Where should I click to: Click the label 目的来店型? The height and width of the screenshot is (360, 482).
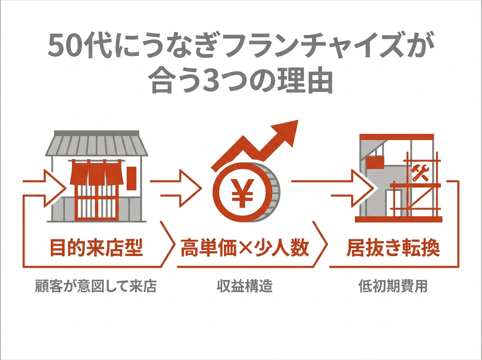tap(96, 249)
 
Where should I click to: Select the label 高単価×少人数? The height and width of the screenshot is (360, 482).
tap(245, 249)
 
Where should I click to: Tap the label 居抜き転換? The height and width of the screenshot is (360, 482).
tap(393, 249)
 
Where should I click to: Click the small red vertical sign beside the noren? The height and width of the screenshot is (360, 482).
tap(130, 178)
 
